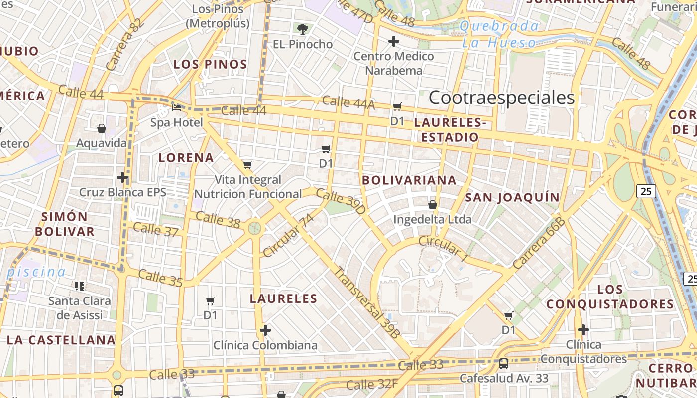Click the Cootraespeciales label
point(501,98)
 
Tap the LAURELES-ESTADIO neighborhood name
point(450,129)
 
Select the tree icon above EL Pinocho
point(302,28)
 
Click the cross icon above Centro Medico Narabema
point(394,41)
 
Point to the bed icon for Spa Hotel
point(177,107)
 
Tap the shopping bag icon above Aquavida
point(102,128)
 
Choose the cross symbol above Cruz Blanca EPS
point(122,177)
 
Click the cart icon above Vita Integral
point(248,165)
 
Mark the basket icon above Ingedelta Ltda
point(433,204)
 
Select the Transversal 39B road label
point(366,303)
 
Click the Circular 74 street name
point(289,235)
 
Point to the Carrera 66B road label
point(539,243)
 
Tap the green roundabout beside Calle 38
point(254,228)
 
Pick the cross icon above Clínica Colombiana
point(265,330)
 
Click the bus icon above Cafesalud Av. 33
point(504,364)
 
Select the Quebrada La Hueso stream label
point(499,34)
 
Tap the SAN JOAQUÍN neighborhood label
point(512,198)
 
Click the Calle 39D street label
point(341,201)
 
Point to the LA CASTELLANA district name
point(61,340)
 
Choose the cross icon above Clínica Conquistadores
point(583,329)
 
